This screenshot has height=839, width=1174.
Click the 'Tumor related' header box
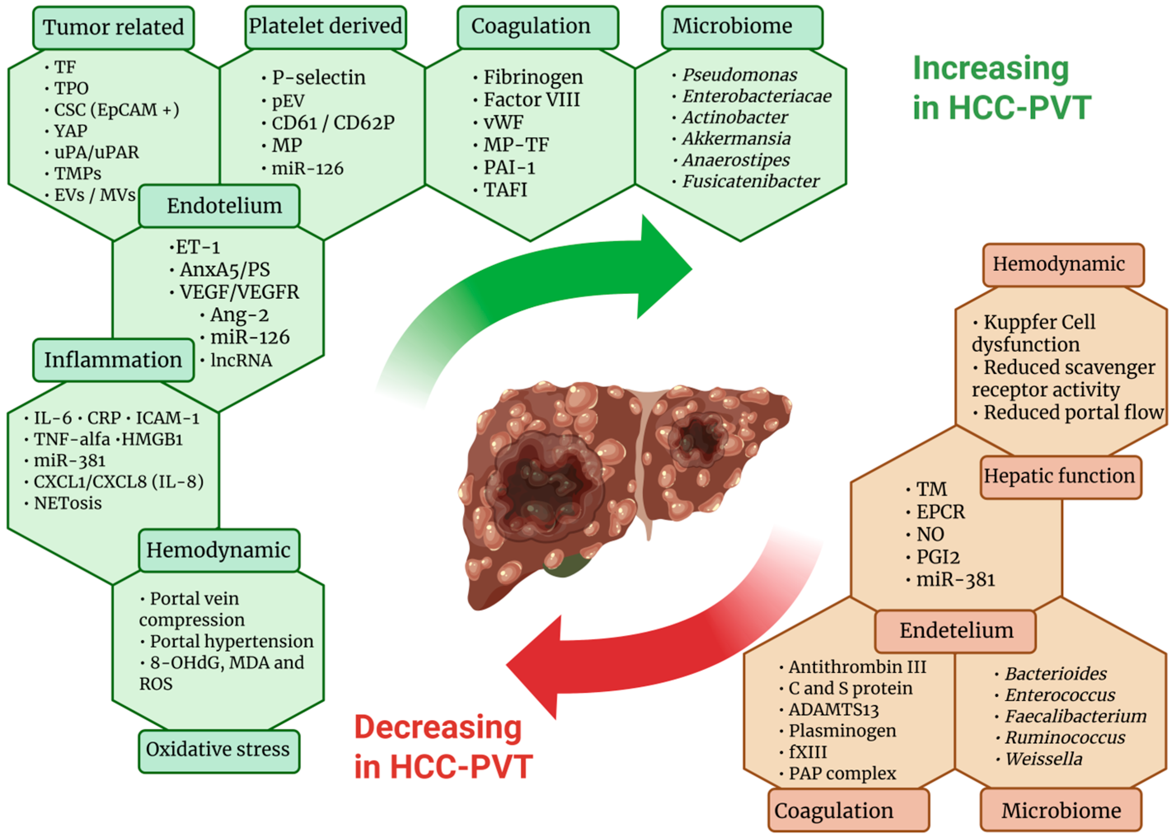113,28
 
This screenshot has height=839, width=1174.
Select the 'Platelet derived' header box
325,27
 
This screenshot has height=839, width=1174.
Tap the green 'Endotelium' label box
219,205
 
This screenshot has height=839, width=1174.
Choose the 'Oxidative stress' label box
219,750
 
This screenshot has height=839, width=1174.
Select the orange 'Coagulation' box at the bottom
848,810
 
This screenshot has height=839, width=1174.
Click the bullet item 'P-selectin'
318,77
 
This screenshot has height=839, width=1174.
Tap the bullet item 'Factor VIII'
531,100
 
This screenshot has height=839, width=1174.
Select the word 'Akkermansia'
736,138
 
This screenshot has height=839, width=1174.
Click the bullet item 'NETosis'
68,503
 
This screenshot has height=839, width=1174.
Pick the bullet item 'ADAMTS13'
833,710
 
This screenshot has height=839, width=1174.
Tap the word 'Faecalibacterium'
1075,717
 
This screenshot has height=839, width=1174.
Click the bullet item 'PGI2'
938,557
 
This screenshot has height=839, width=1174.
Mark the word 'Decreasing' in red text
438,727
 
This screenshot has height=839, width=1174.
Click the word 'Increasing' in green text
990,68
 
